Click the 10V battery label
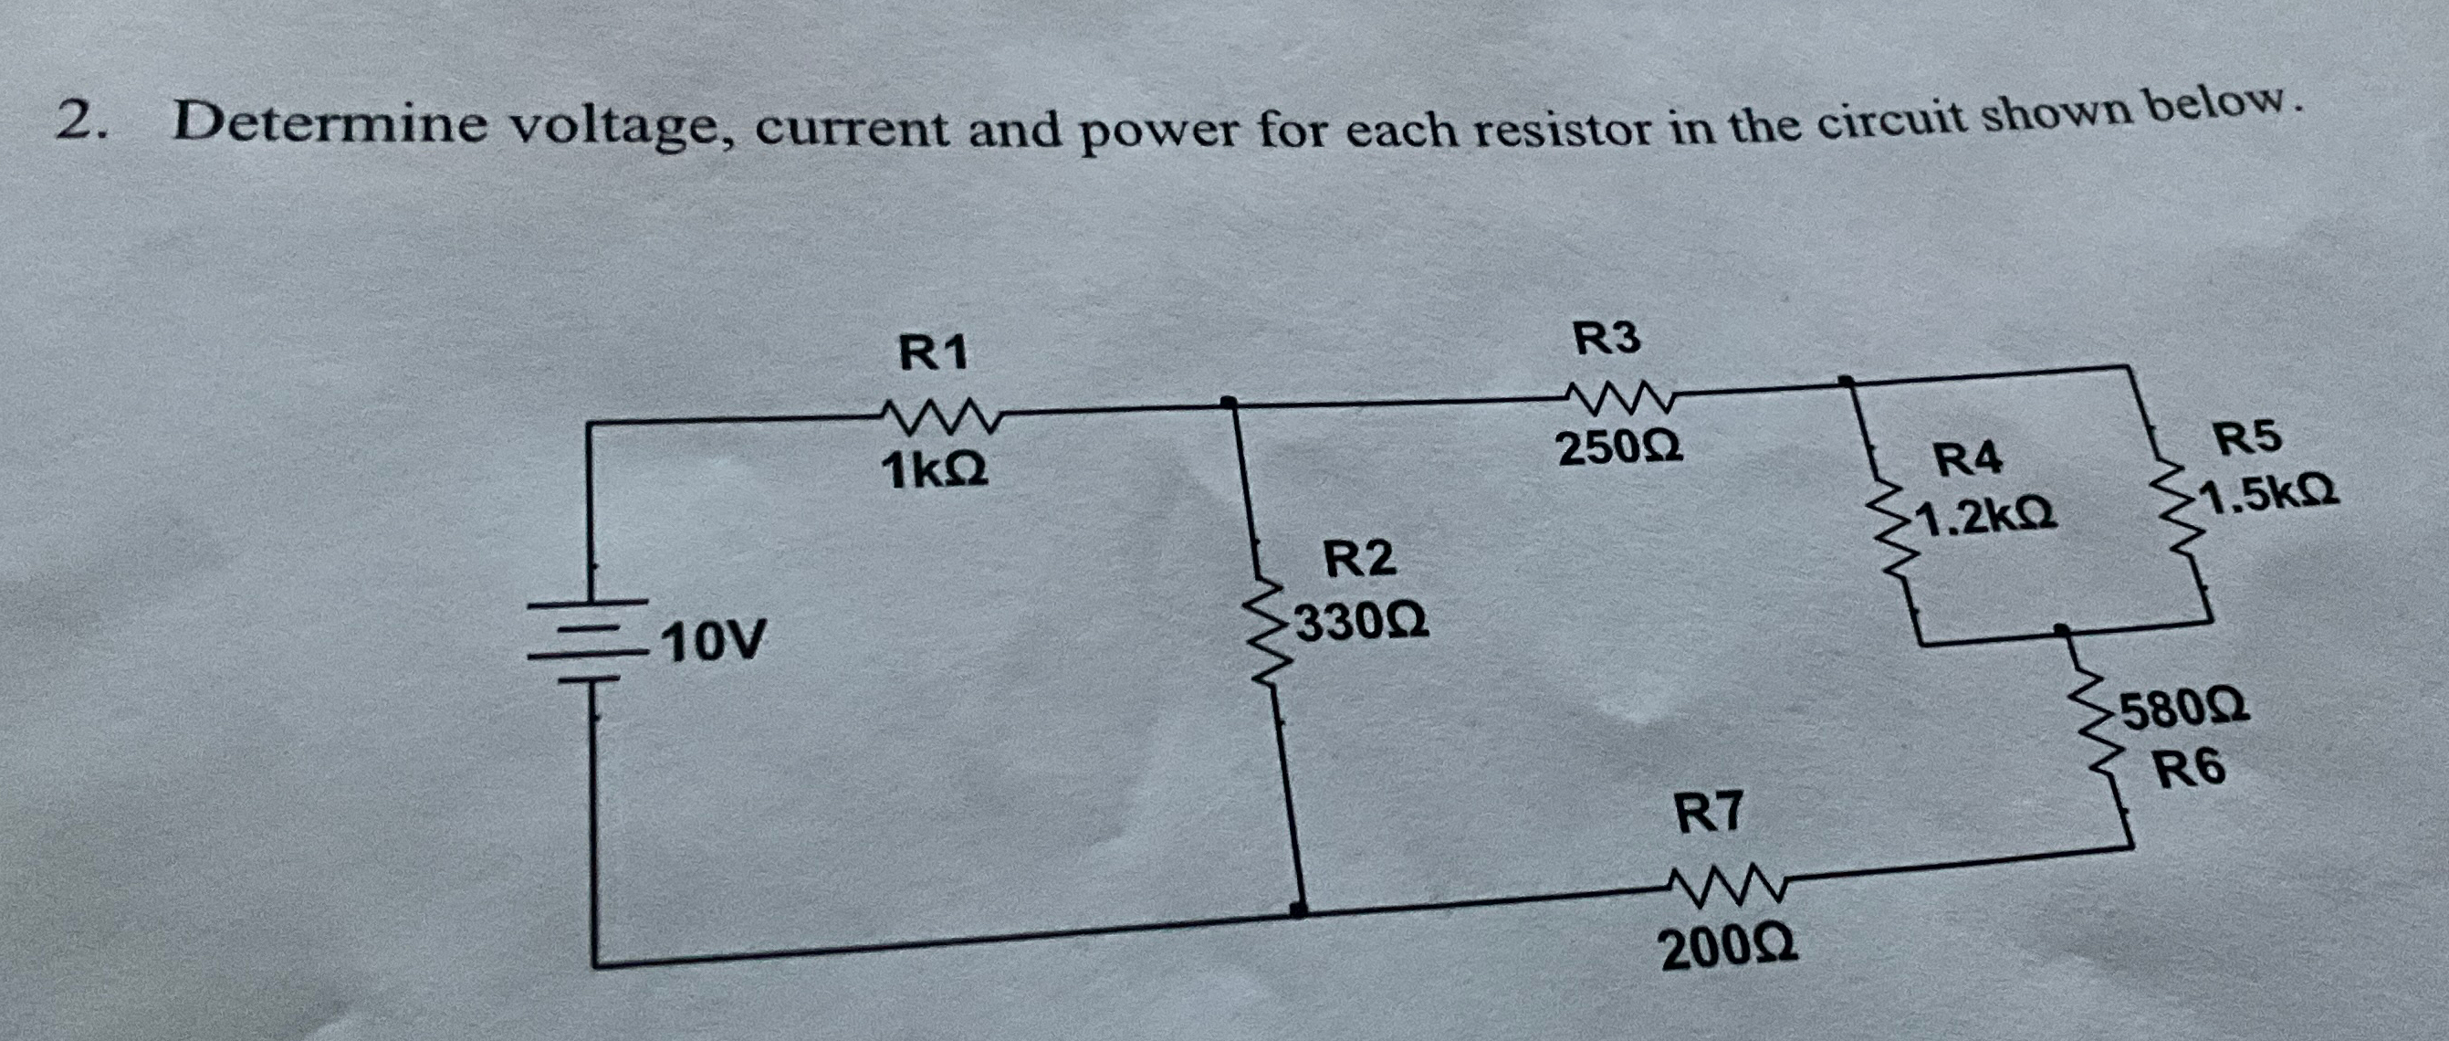[713, 643]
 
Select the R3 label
[1606, 339]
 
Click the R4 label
[1969, 461]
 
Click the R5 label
[2246, 439]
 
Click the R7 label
[1709, 814]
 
